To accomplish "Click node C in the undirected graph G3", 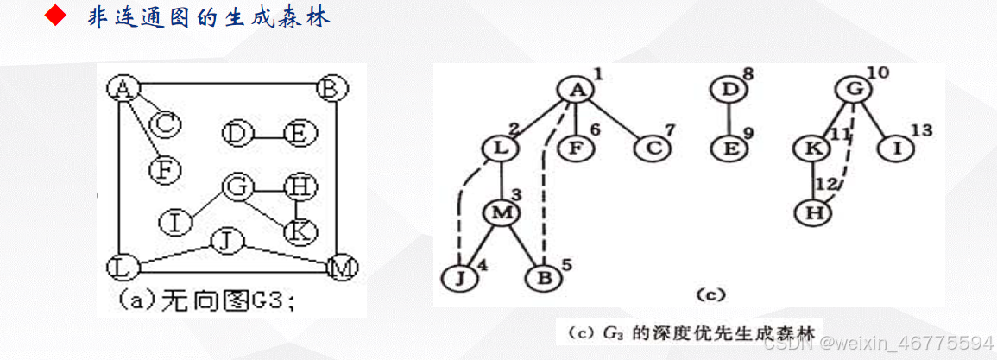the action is (x=165, y=125).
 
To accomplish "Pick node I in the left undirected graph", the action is (x=174, y=222).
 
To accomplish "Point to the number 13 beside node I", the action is (x=922, y=130).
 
